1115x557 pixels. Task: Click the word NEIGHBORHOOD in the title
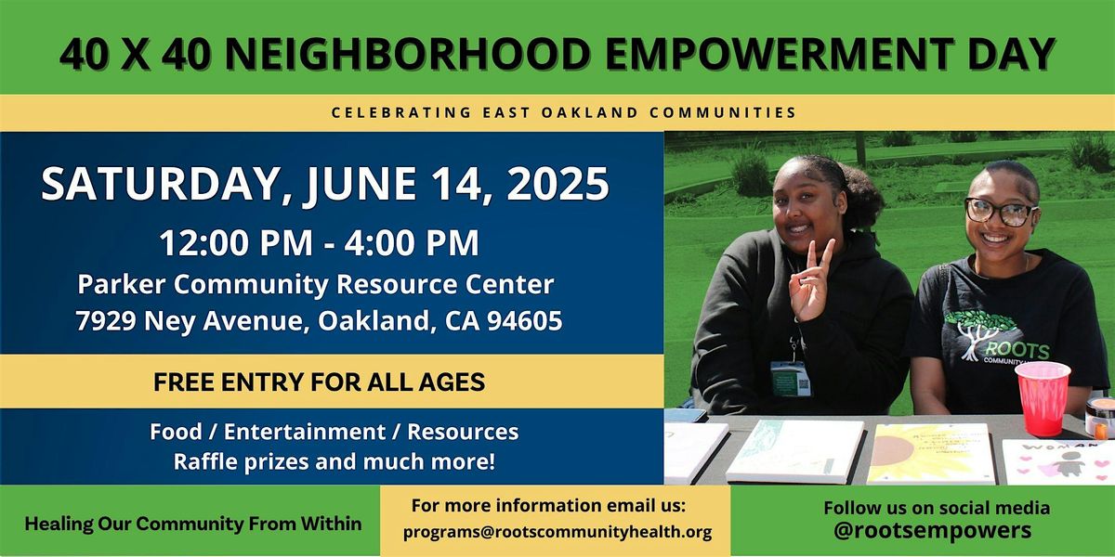tap(407, 53)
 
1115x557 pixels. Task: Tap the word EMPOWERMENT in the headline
tap(780, 53)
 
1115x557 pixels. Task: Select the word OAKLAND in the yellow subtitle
tap(589, 112)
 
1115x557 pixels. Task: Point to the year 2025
tap(557, 183)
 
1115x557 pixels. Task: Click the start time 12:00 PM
tap(236, 242)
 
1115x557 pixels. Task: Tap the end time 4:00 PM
tap(411, 242)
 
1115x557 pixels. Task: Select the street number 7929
tap(106, 321)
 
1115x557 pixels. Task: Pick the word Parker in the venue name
tap(121, 285)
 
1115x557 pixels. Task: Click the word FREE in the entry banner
tap(184, 382)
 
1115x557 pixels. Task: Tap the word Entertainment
tap(304, 432)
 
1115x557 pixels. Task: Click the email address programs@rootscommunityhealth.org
tap(557, 532)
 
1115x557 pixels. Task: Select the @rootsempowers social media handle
tap(932, 530)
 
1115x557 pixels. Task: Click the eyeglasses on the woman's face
tap(1000, 211)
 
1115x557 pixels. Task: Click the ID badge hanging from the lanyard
tap(791, 379)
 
